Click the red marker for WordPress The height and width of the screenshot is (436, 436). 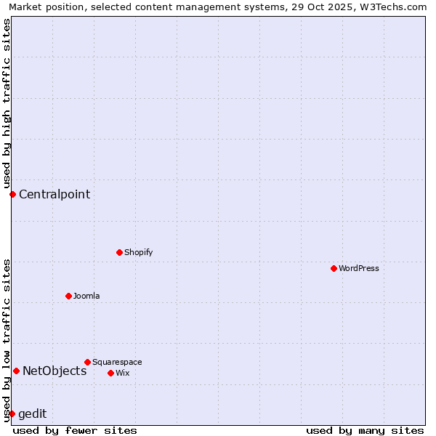(x=334, y=268)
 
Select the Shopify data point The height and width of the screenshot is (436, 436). (x=119, y=252)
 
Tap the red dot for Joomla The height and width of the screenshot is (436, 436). (x=68, y=296)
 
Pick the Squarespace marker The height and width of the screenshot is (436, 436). (x=87, y=362)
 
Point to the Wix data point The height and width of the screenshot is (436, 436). (x=110, y=373)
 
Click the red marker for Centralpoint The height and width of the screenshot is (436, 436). (x=12, y=194)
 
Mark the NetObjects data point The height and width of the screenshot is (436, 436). (x=16, y=371)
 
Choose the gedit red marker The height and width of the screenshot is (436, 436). (x=12, y=413)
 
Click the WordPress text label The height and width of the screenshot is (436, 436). (x=359, y=268)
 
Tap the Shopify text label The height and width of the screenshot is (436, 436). (x=138, y=252)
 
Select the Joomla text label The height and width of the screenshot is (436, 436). (x=86, y=296)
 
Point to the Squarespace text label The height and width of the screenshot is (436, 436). (x=117, y=362)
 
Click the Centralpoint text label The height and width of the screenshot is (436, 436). (x=54, y=194)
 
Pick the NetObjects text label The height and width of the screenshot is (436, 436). (x=54, y=371)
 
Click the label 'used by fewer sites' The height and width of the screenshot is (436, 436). (x=75, y=430)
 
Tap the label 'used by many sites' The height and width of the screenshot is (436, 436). (x=365, y=430)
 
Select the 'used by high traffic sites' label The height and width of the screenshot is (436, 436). (x=7, y=104)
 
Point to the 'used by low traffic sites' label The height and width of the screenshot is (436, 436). (x=7, y=340)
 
